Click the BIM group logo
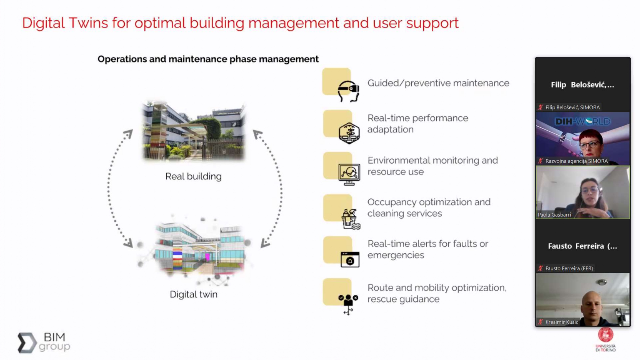[44, 342]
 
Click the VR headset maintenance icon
[348, 91]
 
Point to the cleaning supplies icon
[350, 219]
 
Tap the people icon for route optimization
[348, 302]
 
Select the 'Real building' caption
[193, 176]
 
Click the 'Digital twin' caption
[194, 294]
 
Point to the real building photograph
[193, 131]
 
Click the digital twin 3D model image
[199, 249]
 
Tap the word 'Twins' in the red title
[88, 23]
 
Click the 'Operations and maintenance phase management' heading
[208, 59]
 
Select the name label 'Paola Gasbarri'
[554, 215]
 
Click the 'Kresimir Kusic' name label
[562, 322]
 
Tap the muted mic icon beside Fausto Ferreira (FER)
[540, 268]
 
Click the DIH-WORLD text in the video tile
[583, 122]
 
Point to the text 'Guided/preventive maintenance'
[438, 83]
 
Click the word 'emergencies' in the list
[396, 255]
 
